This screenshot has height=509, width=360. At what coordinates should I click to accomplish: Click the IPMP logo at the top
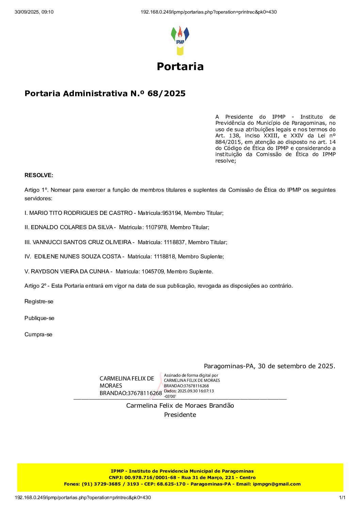click(x=180, y=40)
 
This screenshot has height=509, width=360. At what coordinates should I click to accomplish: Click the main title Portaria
click(x=180, y=66)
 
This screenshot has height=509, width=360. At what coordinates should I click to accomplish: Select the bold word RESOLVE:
click(x=39, y=175)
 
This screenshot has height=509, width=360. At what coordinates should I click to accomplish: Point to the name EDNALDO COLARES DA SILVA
click(x=72, y=227)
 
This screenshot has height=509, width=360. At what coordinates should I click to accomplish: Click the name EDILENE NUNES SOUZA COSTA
click(x=78, y=257)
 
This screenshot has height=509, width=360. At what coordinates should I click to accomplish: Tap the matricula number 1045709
click(x=152, y=272)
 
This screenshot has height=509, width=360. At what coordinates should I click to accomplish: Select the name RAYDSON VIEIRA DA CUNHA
click(x=70, y=272)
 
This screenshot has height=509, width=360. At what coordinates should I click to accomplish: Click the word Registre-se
click(x=39, y=302)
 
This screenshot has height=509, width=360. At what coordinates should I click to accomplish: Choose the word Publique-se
click(x=39, y=318)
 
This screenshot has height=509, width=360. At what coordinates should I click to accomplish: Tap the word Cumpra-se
click(x=38, y=335)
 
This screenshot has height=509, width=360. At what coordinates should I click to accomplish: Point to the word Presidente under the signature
click(x=180, y=415)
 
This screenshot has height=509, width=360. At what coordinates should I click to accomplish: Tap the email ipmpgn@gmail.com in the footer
click(x=277, y=484)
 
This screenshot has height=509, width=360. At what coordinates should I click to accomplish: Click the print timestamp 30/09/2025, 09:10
click(x=34, y=12)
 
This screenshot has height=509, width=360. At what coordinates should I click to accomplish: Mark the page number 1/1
click(x=342, y=498)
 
